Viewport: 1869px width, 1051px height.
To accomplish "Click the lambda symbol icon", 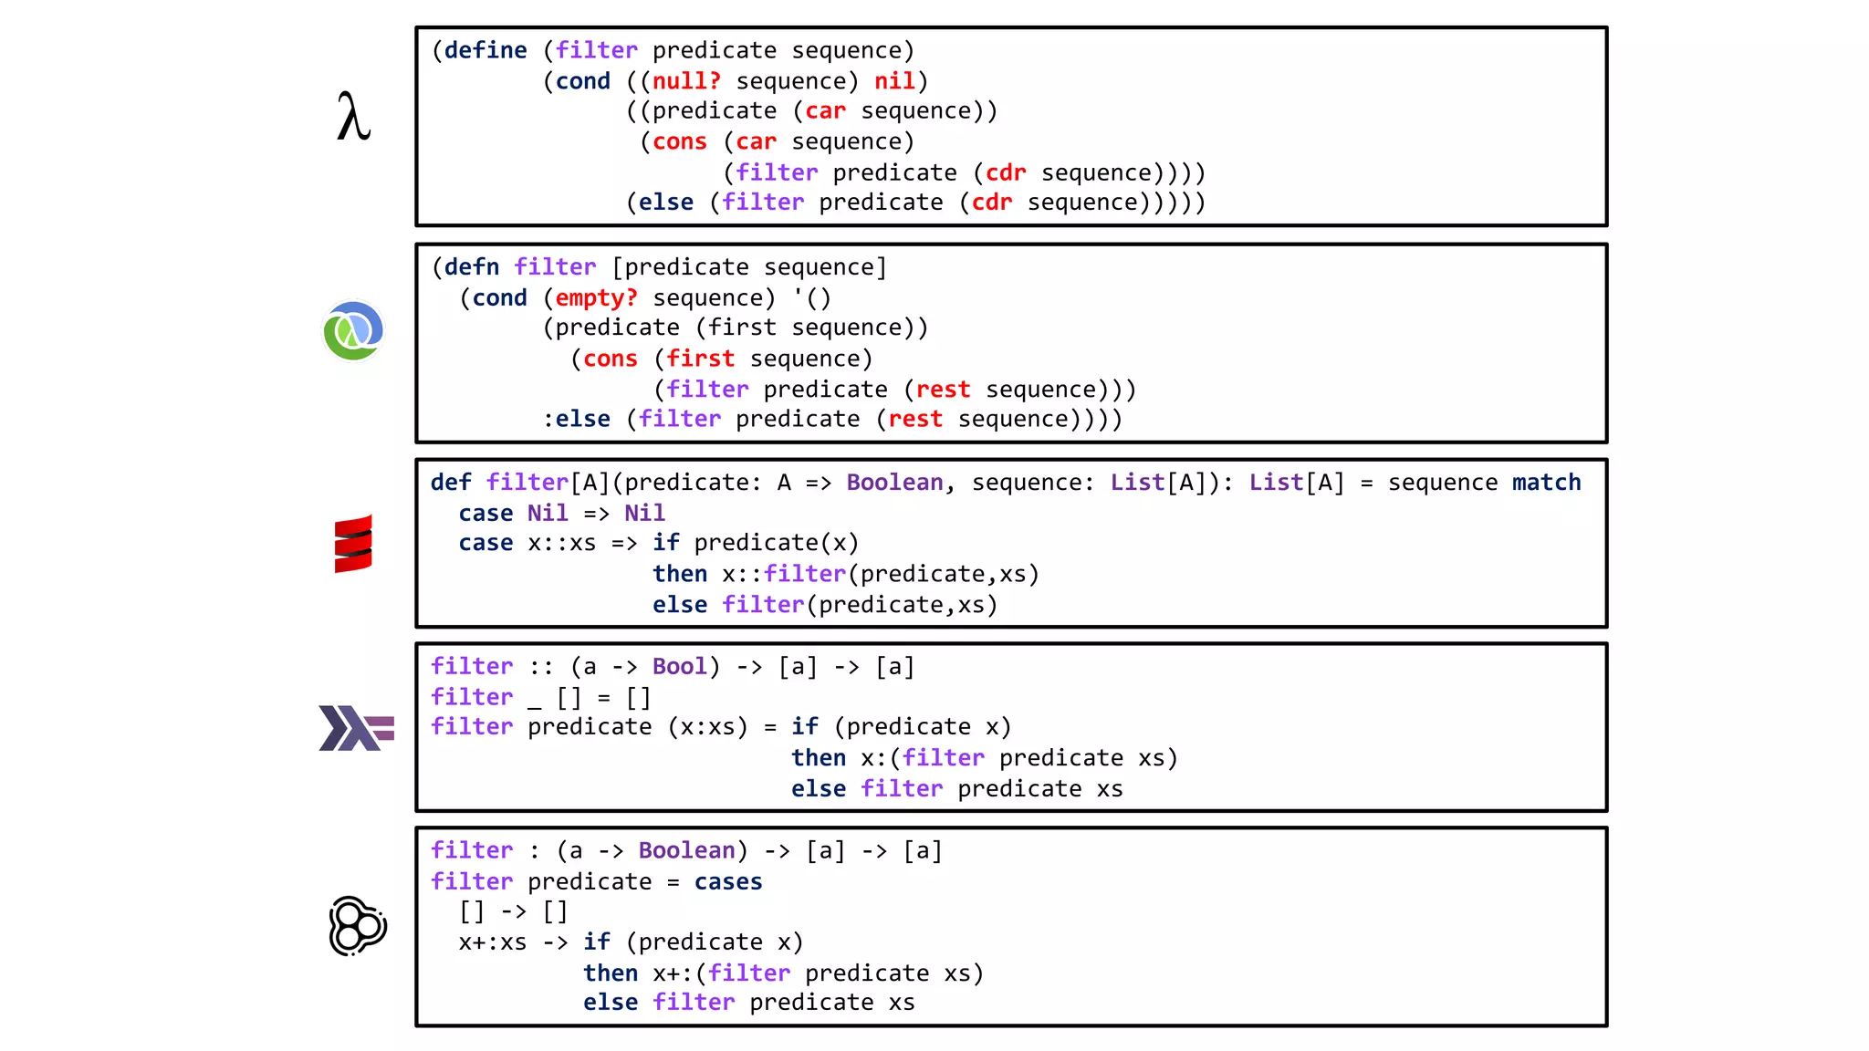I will coord(353,117).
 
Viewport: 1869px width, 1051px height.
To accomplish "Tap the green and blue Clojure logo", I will coord(353,330).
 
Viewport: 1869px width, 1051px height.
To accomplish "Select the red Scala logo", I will coord(353,544).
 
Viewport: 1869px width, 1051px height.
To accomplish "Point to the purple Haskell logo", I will coord(356,728).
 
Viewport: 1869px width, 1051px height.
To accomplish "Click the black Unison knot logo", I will coord(357,926).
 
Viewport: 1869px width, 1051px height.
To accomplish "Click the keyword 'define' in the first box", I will coord(486,50).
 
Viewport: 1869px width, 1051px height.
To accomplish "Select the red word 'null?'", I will coord(686,81).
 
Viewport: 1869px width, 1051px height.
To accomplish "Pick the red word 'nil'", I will coord(894,81).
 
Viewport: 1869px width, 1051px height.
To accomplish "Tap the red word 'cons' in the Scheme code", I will coord(680,142).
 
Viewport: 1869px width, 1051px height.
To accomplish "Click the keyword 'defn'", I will coord(472,267).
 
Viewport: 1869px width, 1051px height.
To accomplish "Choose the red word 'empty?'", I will coord(597,298).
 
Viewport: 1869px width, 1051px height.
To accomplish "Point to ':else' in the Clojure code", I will coord(577,419).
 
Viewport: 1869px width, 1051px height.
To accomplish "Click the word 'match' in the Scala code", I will coord(1546,483).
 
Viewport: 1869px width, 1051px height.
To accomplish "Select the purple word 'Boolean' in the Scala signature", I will coord(894,483).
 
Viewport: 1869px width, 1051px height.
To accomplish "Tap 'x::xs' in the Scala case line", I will coord(561,544).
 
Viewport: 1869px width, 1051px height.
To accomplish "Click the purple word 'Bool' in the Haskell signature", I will coord(679,667).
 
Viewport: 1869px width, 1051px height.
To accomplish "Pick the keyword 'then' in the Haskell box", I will coord(819,758).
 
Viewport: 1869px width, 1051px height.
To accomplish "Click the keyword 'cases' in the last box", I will coord(727,882).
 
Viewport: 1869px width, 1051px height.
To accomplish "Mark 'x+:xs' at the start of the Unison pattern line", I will coord(493,942).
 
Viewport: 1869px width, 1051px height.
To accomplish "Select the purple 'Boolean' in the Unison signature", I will coord(686,851).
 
